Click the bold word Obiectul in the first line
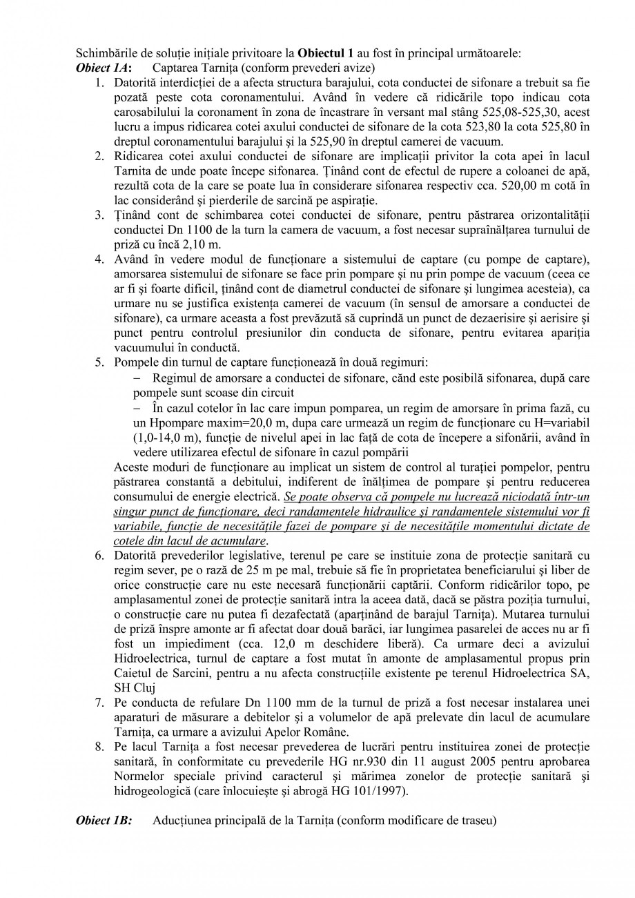click(x=320, y=53)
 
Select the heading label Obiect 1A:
click(x=104, y=68)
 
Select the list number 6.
click(x=100, y=556)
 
